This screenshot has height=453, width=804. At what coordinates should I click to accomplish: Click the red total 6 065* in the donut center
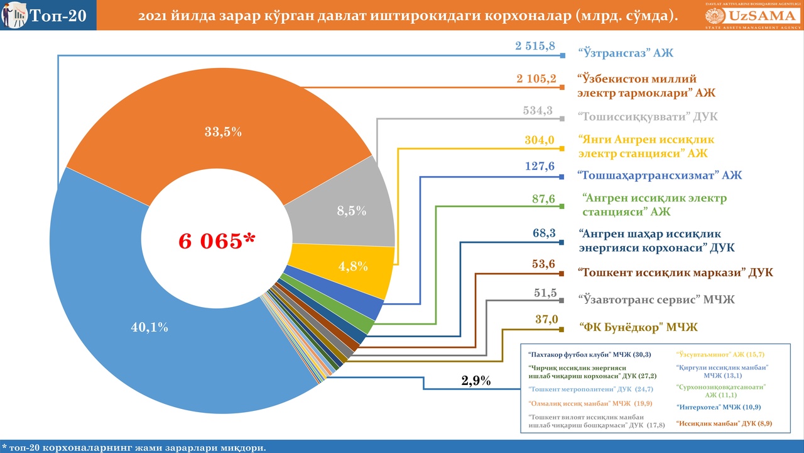[x=217, y=241]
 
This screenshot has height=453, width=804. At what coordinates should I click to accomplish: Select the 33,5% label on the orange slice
[x=223, y=132]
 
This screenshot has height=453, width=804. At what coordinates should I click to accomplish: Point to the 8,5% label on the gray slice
[x=352, y=211]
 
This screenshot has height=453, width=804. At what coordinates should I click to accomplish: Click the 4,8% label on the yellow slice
[x=353, y=266]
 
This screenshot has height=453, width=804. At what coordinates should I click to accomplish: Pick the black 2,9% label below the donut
[x=476, y=381]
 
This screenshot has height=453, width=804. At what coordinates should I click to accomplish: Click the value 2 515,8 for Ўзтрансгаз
[x=535, y=46]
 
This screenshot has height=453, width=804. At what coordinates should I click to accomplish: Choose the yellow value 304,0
[x=540, y=140]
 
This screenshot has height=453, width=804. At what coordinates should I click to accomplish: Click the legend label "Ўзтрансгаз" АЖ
[x=625, y=53]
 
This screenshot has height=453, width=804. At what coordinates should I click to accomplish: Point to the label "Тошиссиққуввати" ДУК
[x=648, y=117]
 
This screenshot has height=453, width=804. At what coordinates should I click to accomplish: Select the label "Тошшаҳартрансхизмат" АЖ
[x=660, y=176]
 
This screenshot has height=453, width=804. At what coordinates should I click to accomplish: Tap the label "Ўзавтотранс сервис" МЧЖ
[x=656, y=299]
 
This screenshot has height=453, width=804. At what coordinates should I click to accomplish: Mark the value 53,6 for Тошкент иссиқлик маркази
[x=543, y=264]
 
